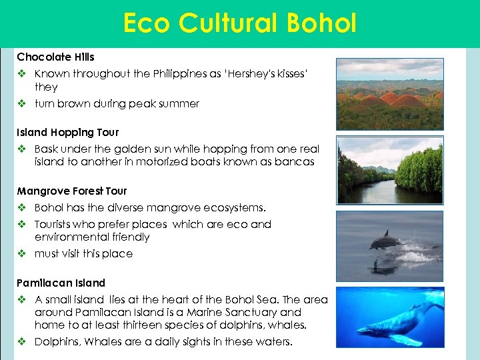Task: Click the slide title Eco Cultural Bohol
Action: click(x=240, y=23)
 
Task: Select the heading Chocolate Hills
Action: click(x=55, y=57)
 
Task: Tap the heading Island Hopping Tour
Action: click(x=67, y=133)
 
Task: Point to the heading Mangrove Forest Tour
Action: click(x=71, y=191)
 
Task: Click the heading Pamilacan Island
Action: click(x=61, y=283)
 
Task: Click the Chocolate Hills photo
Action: click(x=389, y=93)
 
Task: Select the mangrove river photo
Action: click(x=389, y=170)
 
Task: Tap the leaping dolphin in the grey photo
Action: click(x=385, y=240)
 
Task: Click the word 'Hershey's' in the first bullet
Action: click(x=251, y=74)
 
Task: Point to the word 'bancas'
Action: click(x=294, y=162)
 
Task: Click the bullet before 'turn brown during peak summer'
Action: click(x=22, y=104)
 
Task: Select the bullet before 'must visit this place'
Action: click(x=22, y=254)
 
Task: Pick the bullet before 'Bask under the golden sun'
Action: click(x=22, y=149)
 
